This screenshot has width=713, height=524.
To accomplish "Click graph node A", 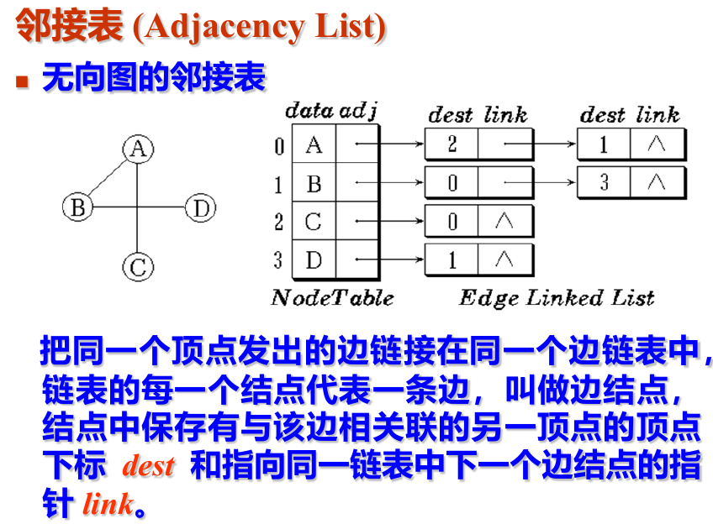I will [137, 149].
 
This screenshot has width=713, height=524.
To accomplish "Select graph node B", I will [77, 207].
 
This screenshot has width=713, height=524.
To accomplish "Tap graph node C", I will [137, 267].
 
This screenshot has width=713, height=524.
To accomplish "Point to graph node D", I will [199, 207].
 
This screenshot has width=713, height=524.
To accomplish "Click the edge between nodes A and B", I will [107, 179].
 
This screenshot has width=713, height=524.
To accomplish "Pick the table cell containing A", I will [314, 145].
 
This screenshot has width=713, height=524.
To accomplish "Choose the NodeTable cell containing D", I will [314, 260].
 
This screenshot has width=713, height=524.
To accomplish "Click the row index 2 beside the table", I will [278, 223].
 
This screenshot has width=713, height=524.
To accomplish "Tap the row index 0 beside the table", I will [278, 146].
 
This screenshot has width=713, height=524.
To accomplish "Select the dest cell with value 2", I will [452, 144].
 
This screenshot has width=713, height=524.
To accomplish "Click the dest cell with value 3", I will [604, 182].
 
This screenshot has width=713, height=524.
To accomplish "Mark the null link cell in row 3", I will [504, 259].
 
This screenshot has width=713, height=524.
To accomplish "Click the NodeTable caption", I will [332, 298].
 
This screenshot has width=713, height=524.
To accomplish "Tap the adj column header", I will [358, 110].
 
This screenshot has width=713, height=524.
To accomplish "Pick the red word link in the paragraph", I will [108, 504].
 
